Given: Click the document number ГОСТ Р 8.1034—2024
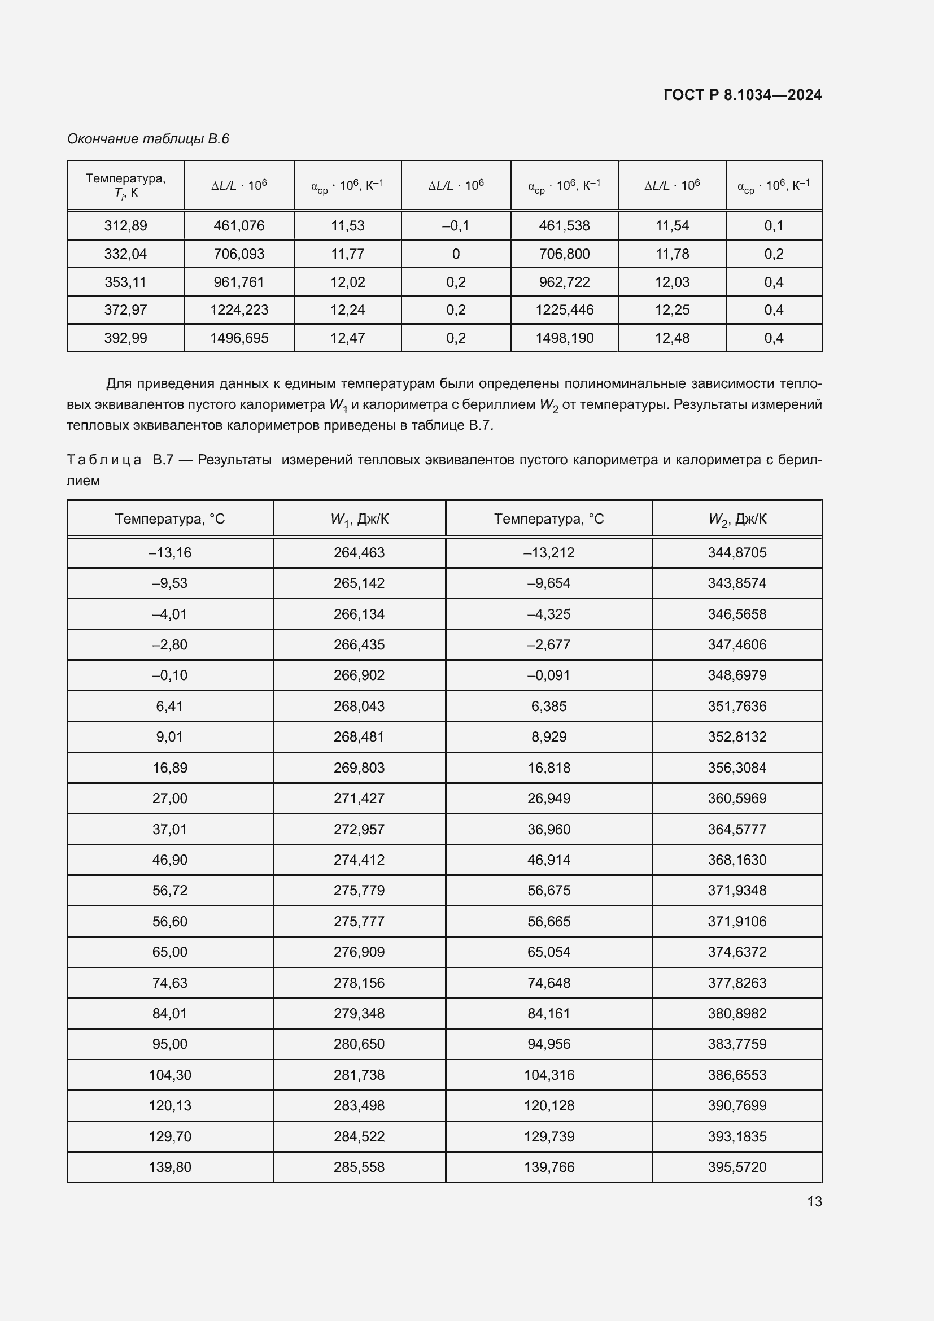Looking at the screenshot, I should pyautogui.click(x=742, y=95).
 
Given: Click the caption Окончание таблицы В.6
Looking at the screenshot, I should pyautogui.click(x=148, y=139).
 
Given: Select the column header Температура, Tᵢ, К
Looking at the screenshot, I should pyautogui.click(x=125, y=185).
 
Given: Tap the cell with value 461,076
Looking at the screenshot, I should pyautogui.click(x=239, y=225).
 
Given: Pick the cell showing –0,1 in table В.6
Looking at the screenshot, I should pyautogui.click(x=456, y=225).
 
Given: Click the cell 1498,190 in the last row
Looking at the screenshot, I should pyautogui.click(x=564, y=338).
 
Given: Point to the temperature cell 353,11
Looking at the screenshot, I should pyautogui.click(x=125, y=282).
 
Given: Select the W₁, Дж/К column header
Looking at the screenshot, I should pyautogui.click(x=359, y=519).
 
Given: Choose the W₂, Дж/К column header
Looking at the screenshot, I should pyautogui.click(x=737, y=519).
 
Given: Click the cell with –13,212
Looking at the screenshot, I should pyautogui.click(x=549, y=552).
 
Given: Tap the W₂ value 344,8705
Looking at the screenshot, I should pyautogui.click(x=737, y=552).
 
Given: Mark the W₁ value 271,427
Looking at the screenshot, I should pyautogui.click(x=359, y=798).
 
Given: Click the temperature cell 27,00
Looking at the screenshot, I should pyautogui.click(x=169, y=798).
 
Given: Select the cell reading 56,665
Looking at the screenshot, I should pyautogui.click(x=549, y=921).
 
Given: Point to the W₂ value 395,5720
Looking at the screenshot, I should pyautogui.click(x=737, y=1167).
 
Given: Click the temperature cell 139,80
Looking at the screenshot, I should pyautogui.click(x=169, y=1167).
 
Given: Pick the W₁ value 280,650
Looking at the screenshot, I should pyautogui.click(x=359, y=1044).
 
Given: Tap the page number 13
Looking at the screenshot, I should pyautogui.click(x=814, y=1201).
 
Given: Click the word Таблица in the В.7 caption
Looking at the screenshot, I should pyautogui.click(x=104, y=460).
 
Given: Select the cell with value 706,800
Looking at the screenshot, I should pyautogui.click(x=564, y=254).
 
